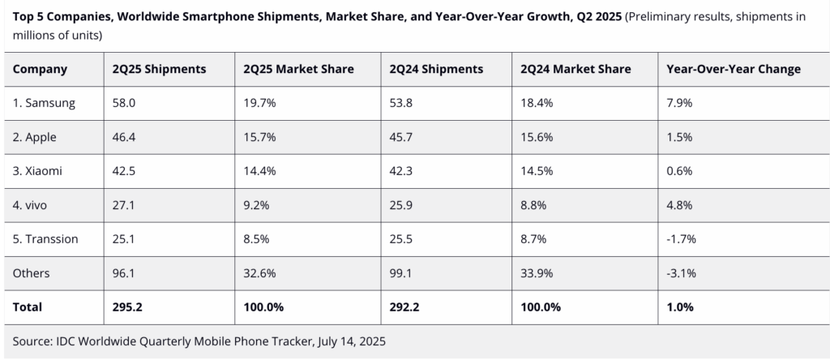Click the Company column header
[x=40, y=69]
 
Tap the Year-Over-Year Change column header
[x=733, y=69]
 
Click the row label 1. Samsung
[x=45, y=103]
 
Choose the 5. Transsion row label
[x=48, y=239]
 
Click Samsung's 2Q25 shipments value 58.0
[x=125, y=103]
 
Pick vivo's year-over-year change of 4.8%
[x=678, y=205]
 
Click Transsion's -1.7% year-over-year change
[x=681, y=239]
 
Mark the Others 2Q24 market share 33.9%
[x=537, y=273]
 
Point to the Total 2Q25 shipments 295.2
[x=129, y=307]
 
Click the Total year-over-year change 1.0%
[x=679, y=307]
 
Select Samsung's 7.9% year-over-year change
[x=678, y=103]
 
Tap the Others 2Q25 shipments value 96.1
[x=125, y=273]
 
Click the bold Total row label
[x=28, y=307]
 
